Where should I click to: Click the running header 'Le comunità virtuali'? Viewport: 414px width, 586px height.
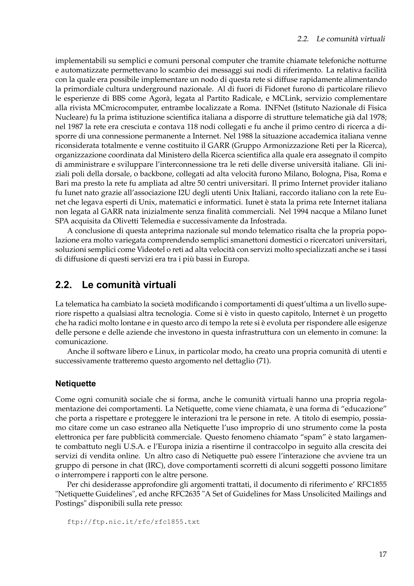[351, 39]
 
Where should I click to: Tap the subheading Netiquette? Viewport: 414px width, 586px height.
[76, 384]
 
